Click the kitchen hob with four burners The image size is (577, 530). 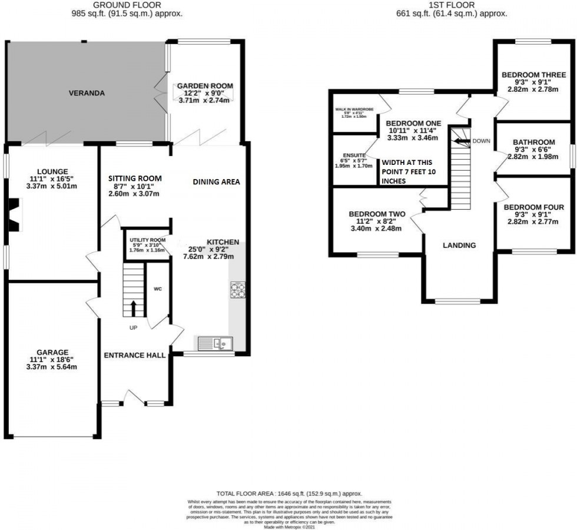238,290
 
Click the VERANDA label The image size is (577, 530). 87,93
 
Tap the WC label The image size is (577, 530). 158,289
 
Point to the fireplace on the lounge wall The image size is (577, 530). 15,210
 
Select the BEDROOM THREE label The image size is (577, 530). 533,75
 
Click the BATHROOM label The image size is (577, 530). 533,142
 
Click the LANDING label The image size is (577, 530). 459,246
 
